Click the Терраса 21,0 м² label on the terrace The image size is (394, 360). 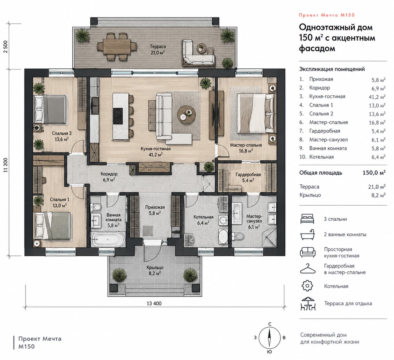(x=158, y=49)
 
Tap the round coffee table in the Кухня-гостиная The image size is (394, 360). (x=186, y=114)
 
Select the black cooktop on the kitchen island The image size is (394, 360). (x=118, y=116)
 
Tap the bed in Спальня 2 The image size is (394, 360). (x=50, y=109)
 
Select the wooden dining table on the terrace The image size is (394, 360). (x=117, y=46)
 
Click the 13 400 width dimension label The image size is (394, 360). (x=154, y=304)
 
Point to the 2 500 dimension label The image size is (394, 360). (x=5, y=47)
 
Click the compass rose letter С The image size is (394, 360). (x=270, y=324)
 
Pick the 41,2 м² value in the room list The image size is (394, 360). (x=377, y=97)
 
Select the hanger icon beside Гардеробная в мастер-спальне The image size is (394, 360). (x=308, y=269)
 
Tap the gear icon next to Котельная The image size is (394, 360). (x=307, y=286)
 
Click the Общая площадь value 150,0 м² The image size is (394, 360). (x=374, y=173)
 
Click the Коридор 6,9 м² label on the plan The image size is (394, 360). (x=109, y=177)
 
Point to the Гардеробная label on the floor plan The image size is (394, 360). (x=248, y=174)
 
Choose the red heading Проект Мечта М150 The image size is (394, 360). (x=327, y=15)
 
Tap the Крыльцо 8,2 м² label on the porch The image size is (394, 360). (x=155, y=270)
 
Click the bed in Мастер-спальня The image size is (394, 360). (x=255, y=114)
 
